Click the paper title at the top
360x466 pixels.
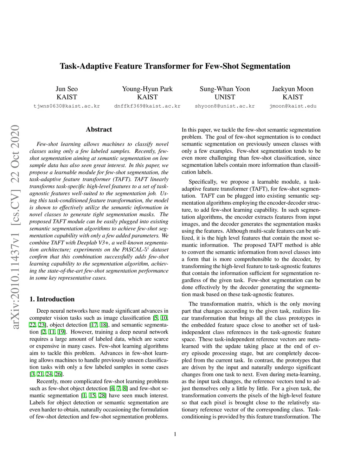point(175,66)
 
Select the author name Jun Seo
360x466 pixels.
point(66,89)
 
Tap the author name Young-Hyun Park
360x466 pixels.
point(147,89)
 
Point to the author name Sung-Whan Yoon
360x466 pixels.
point(225,89)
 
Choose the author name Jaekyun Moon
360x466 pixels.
point(292,89)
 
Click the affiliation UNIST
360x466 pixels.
point(225,97)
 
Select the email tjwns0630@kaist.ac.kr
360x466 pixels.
point(66,106)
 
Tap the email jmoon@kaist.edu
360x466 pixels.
point(293,106)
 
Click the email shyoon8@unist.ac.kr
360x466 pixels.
point(225,106)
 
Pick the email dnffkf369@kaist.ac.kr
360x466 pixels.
point(147,106)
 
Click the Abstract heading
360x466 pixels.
point(99,129)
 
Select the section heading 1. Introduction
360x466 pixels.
point(52,299)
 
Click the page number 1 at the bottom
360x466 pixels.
point(175,434)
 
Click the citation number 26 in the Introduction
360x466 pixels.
point(58,374)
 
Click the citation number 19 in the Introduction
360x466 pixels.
point(61,332)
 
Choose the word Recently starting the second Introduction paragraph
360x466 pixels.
point(47,381)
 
